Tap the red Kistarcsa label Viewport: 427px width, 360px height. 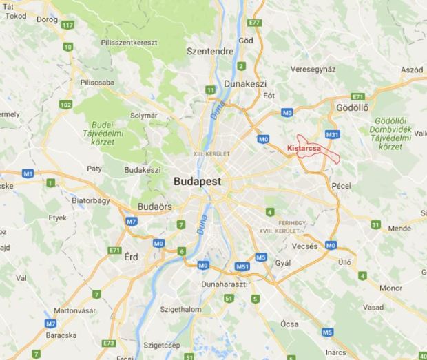[303, 147]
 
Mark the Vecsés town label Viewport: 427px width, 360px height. [304, 246]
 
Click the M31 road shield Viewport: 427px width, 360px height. [333, 134]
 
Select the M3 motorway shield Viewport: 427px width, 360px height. [287, 112]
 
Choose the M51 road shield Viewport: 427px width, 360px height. [242, 266]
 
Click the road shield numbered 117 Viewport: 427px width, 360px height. [67, 25]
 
